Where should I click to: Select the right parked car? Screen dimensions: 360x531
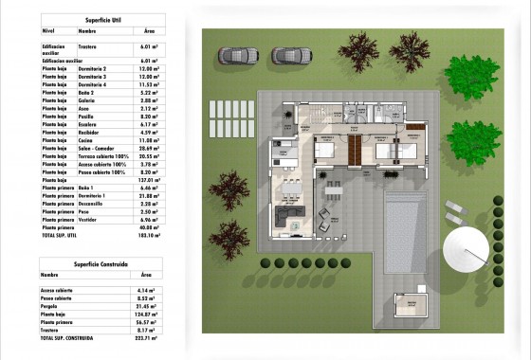tap(284, 56)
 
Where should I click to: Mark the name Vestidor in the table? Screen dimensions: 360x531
tap(87, 219)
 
